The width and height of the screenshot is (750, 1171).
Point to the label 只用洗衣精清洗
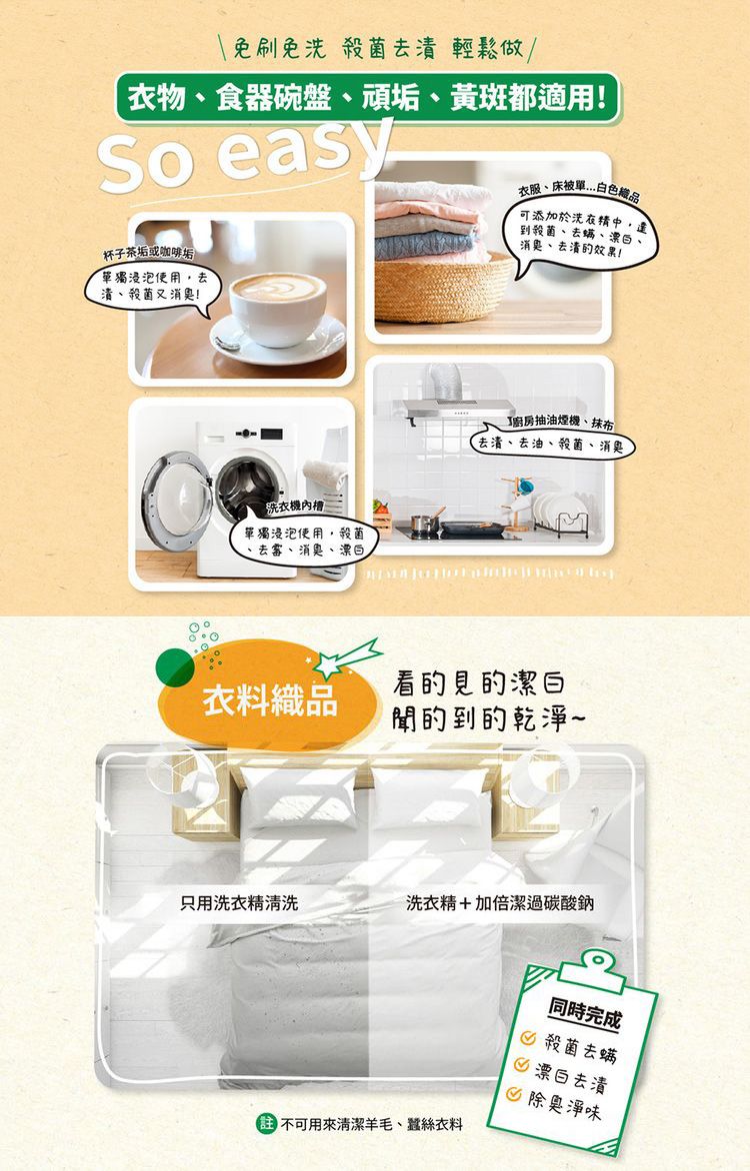click(238, 903)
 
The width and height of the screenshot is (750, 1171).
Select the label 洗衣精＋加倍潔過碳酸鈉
click(500, 903)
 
